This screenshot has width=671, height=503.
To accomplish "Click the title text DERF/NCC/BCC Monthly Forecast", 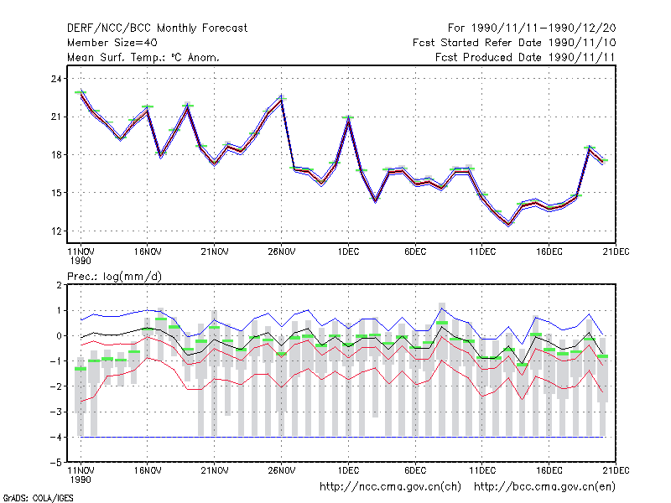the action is point(157,29).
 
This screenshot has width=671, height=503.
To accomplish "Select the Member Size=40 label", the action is point(112,43).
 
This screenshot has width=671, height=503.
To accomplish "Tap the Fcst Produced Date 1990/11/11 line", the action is point(525,57).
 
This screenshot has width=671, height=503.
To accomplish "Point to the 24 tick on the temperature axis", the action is point(56,79).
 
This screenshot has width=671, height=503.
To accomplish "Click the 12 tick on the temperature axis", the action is point(56,231).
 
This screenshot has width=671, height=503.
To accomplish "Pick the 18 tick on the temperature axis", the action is point(56,155).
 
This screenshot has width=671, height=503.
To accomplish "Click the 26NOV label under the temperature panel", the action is point(282,251).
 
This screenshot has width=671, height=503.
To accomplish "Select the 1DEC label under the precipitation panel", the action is point(348,470).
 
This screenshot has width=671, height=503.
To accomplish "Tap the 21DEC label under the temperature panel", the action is point(616,251).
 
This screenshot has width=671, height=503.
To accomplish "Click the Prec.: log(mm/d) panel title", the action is point(114,277).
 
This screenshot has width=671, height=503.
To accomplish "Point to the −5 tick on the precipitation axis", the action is point(56,463).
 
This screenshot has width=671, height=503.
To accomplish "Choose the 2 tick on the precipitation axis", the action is point(59,285).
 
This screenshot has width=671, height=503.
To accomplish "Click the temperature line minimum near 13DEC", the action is point(509,224).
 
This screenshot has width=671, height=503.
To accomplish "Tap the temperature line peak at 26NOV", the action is point(281,99).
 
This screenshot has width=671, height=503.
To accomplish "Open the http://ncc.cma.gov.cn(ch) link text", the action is point(390,487).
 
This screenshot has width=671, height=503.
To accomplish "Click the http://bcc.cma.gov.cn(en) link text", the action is point(544,487).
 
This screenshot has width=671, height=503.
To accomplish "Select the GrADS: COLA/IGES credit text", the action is point(38,498).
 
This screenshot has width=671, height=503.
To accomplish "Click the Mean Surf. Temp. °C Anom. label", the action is point(143,57).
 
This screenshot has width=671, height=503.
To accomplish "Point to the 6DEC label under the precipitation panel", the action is point(415,470).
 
